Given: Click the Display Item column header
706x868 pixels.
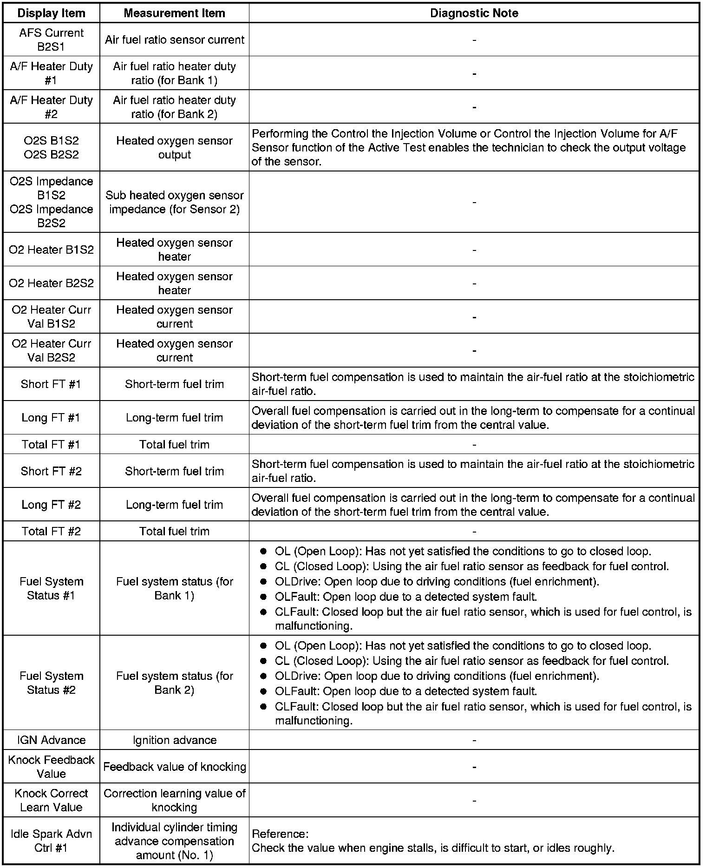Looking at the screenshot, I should (x=51, y=13).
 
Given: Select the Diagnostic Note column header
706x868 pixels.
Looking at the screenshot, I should (x=474, y=13).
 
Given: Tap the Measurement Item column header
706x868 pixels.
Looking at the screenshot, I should (x=174, y=13).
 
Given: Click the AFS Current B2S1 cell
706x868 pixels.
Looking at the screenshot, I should (x=51, y=39).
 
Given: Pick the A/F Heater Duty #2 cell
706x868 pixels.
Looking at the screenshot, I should (x=51, y=107).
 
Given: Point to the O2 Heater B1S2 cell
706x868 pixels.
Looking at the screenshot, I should (x=51, y=250).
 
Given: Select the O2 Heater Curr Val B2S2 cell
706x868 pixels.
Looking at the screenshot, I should (x=51, y=350).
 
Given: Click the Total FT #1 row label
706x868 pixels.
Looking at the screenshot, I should (x=51, y=444).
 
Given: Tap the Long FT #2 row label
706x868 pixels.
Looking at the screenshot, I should (x=51, y=505).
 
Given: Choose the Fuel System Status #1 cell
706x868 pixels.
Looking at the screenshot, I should (x=51, y=588).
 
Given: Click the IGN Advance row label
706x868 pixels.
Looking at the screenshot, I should (x=51, y=740).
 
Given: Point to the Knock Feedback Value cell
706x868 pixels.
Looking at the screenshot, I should (x=51, y=767).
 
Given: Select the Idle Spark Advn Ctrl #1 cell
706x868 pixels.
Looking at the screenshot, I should (x=51, y=841).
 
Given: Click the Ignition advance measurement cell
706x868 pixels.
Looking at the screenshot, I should (x=174, y=740).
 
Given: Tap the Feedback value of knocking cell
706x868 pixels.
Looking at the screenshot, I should (x=174, y=767).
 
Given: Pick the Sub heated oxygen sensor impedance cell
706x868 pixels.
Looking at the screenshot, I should (x=174, y=202).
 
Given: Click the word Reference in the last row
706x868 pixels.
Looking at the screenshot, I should (x=280, y=834).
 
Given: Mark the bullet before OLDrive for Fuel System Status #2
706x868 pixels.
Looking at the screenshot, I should (x=263, y=676).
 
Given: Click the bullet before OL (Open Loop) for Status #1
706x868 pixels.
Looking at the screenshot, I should (x=263, y=552).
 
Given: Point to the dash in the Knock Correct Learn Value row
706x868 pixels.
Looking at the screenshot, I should (x=474, y=801).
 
